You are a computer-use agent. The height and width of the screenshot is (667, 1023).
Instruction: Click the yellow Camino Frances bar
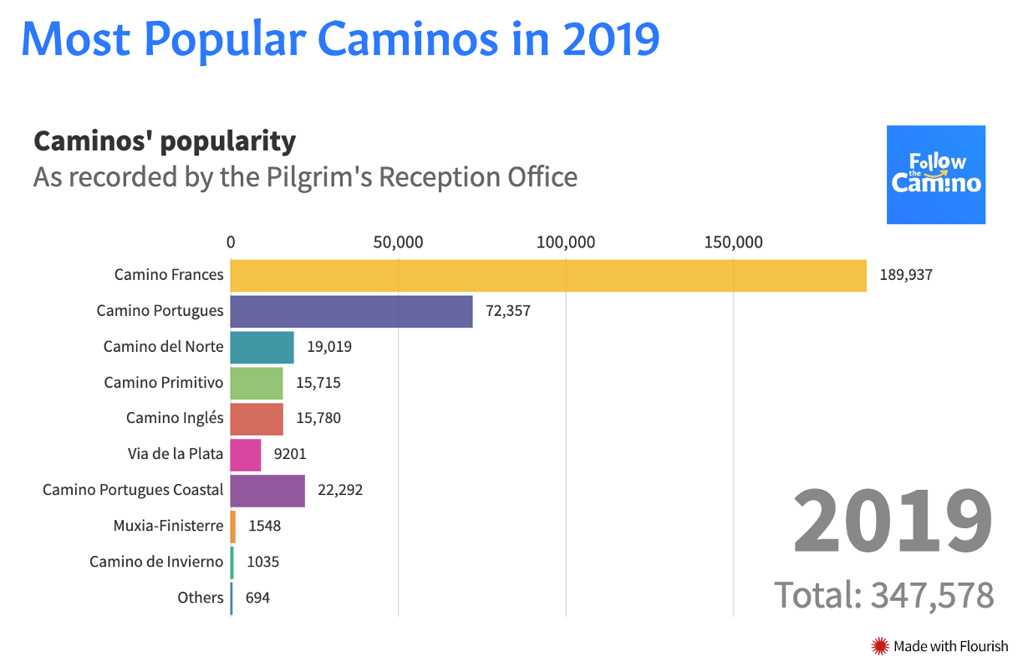pos(548,275)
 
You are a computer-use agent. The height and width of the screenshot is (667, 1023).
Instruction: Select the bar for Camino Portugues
pos(351,311)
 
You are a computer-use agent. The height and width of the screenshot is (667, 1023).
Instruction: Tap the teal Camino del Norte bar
pos(262,347)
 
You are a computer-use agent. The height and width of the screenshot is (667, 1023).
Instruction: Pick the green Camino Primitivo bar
pos(256,383)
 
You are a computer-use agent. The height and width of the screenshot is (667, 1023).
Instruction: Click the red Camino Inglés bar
pos(256,419)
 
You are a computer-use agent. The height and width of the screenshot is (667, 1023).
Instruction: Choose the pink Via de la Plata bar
pos(245,455)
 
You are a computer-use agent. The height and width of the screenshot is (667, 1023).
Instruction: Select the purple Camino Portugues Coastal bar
pos(267,491)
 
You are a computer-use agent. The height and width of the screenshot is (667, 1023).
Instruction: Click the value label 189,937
pos(905,275)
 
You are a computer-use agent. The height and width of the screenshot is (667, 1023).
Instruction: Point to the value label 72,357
pos(507,311)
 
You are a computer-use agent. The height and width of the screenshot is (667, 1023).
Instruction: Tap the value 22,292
pos(339,491)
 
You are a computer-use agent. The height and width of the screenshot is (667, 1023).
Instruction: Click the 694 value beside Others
pos(257,598)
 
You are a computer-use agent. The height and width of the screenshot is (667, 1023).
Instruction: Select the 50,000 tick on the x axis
pos(398,242)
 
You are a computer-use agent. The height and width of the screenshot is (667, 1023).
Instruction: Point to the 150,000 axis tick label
pos(733,242)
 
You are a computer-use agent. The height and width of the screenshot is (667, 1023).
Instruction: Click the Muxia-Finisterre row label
pos(168,526)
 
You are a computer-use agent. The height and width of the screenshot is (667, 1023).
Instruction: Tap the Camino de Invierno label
pos(156,562)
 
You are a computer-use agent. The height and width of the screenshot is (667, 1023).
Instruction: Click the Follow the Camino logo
pos(935,175)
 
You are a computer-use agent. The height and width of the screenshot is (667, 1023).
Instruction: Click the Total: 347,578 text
pos(883,595)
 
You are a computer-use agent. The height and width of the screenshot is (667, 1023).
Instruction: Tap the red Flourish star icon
pos(879,645)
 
